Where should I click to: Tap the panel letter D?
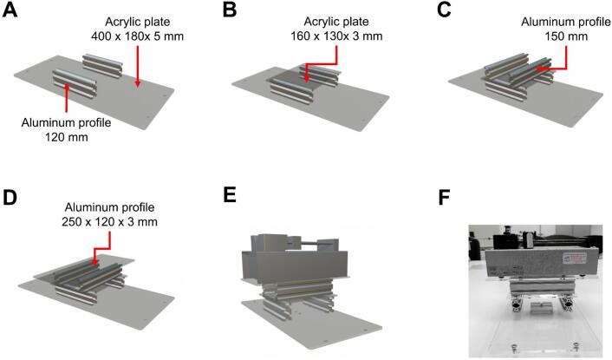point(10,196)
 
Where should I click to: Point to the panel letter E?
point(230,194)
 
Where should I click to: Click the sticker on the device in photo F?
point(572,257)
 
